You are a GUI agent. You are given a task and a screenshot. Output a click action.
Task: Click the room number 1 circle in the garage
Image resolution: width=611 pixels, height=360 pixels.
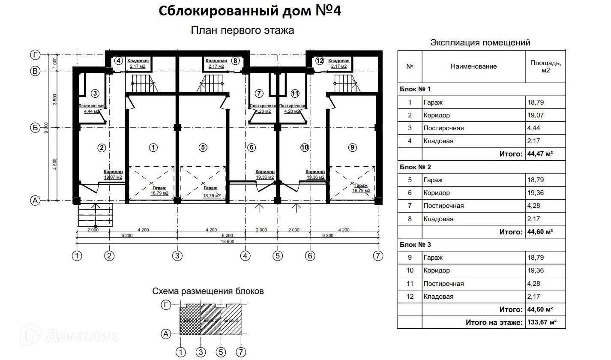(x=153, y=147)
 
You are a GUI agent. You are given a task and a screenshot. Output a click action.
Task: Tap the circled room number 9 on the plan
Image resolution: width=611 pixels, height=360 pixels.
(x=352, y=147)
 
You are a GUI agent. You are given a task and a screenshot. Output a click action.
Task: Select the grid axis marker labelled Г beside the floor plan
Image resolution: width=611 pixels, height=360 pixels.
(x=35, y=54)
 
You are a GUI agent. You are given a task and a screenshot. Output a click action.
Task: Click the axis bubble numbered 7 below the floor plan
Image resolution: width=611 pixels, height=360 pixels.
(x=377, y=256)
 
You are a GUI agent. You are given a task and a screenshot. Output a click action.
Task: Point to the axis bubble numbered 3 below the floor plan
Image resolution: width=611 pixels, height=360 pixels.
(x=177, y=256)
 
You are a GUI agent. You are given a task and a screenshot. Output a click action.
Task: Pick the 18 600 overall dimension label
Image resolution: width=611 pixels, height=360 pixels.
(x=227, y=242)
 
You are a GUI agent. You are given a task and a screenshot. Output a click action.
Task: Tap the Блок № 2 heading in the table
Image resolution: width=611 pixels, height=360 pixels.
(x=415, y=167)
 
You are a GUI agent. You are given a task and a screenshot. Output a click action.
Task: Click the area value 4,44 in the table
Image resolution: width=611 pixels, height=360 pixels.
(x=536, y=128)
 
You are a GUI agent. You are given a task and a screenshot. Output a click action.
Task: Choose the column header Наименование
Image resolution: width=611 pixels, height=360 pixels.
(x=473, y=66)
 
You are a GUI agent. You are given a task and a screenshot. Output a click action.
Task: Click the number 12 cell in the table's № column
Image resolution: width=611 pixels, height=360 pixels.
(x=410, y=297)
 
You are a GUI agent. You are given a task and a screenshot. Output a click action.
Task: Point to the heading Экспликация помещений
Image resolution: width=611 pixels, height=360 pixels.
(x=480, y=42)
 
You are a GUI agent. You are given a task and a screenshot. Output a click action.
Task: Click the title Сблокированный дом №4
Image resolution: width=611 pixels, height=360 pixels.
(x=250, y=11)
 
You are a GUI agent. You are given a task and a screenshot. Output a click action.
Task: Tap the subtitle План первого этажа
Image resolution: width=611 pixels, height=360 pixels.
(x=242, y=30)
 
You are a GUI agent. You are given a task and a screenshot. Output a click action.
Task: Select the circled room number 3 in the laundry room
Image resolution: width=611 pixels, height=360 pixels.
(x=95, y=93)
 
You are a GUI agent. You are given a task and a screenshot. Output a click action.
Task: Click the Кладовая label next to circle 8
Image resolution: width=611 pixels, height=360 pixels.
(x=216, y=61)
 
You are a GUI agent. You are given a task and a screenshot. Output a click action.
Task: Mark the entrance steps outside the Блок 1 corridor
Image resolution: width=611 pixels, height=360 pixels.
(x=95, y=216)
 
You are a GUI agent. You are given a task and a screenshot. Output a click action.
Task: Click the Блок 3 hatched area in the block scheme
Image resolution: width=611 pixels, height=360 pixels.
(x=231, y=320)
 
